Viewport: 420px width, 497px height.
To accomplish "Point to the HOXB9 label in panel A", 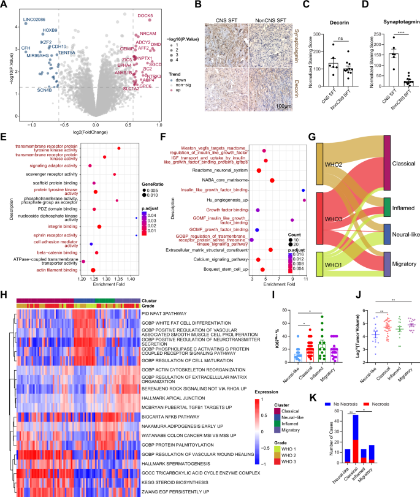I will coord(50,30).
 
